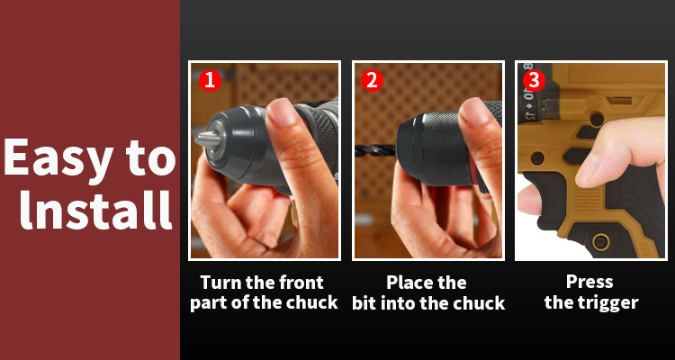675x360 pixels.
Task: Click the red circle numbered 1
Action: point(210,80)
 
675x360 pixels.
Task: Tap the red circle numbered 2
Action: point(372,80)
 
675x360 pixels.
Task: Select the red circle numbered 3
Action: point(534,80)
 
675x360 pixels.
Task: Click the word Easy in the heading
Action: point(58,159)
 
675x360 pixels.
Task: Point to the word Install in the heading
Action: point(95,209)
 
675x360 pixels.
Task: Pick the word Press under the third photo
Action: point(589,282)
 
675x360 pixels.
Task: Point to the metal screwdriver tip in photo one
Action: point(207,139)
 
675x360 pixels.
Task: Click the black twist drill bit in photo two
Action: point(375,150)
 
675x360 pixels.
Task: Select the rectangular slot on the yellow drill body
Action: point(619,101)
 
